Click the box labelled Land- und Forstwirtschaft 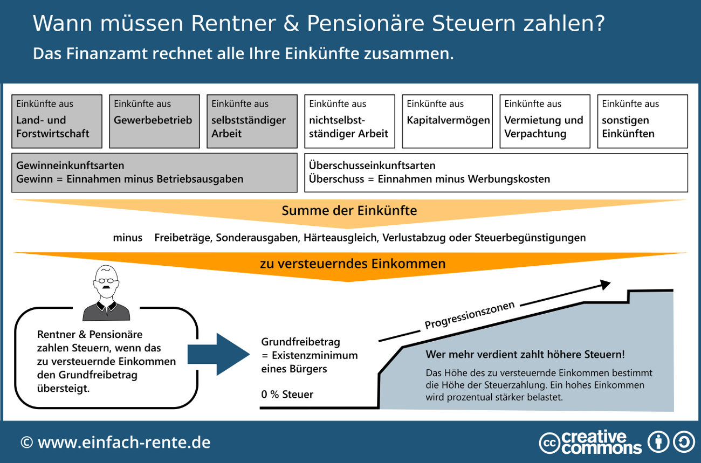pyautogui.click(x=57, y=121)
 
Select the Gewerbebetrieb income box pyautogui.click(x=154, y=121)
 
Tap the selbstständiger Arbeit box pyautogui.click(x=252, y=121)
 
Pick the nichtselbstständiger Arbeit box pyautogui.click(x=349, y=121)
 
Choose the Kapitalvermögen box pyautogui.click(x=447, y=121)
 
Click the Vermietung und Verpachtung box pyautogui.click(x=545, y=121)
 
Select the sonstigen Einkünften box pyautogui.click(x=642, y=121)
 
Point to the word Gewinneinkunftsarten pyautogui.click(x=70, y=166)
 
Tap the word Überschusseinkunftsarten pyautogui.click(x=372, y=166)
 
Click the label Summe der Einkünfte pyautogui.click(x=349, y=210)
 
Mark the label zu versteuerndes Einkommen pyautogui.click(x=353, y=264)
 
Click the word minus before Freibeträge pyautogui.click(x=128, y=238)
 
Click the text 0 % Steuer pyautogui.click(x=287, y=395)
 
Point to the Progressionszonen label pyautogui.click(x=470, y=315)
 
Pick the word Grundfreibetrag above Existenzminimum pyautogui.click(x=301, y=342)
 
